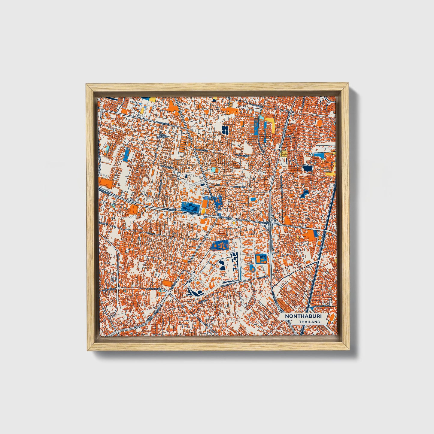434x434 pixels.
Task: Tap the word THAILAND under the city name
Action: click(310, 322)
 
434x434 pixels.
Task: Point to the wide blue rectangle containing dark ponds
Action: click(190, 206)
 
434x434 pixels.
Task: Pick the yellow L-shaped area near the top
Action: click(272, 124)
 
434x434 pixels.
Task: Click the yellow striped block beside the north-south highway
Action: click(284, 153)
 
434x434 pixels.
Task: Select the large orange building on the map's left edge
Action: click(105, 182)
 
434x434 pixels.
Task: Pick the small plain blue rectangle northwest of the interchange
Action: click(253, 199)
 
